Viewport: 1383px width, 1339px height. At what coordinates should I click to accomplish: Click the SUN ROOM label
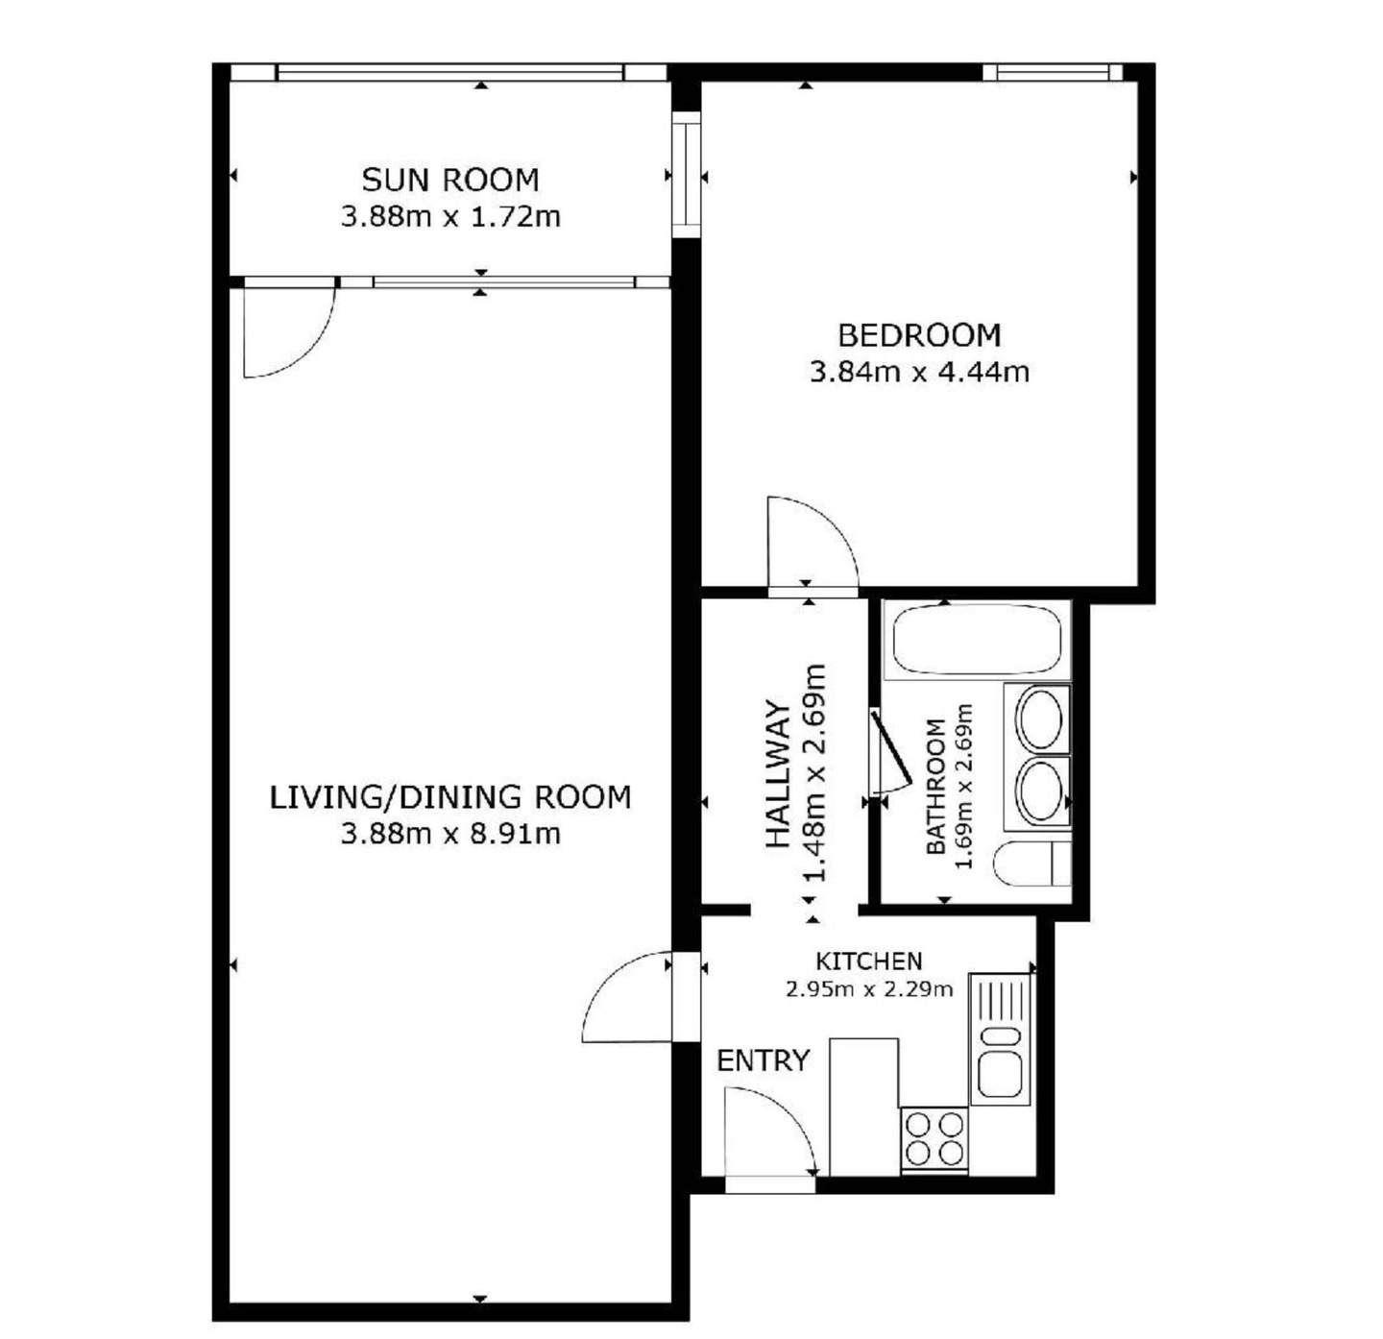point(450,180)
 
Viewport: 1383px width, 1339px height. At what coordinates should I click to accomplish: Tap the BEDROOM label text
point(920,335)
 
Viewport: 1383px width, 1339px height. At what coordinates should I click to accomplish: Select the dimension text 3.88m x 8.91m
point(450,834)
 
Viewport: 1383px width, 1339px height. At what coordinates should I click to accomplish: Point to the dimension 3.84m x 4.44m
point(920,372)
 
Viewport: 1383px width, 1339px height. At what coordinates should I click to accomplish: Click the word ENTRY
point(763,1060)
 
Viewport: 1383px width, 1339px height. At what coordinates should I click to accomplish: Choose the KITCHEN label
point(868,962)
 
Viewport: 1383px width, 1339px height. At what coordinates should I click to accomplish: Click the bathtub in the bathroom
point(977,640)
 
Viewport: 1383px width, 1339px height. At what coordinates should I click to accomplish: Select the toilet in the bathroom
point(1032,864)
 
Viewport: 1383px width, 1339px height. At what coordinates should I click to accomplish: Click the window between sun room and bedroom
point(688,175)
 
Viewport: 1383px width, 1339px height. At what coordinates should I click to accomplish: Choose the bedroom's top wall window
point(1053,72)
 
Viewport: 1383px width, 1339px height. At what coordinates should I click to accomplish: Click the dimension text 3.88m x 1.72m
point(450,217)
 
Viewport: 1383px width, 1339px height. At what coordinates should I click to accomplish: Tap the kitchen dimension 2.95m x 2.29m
point(868,988)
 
